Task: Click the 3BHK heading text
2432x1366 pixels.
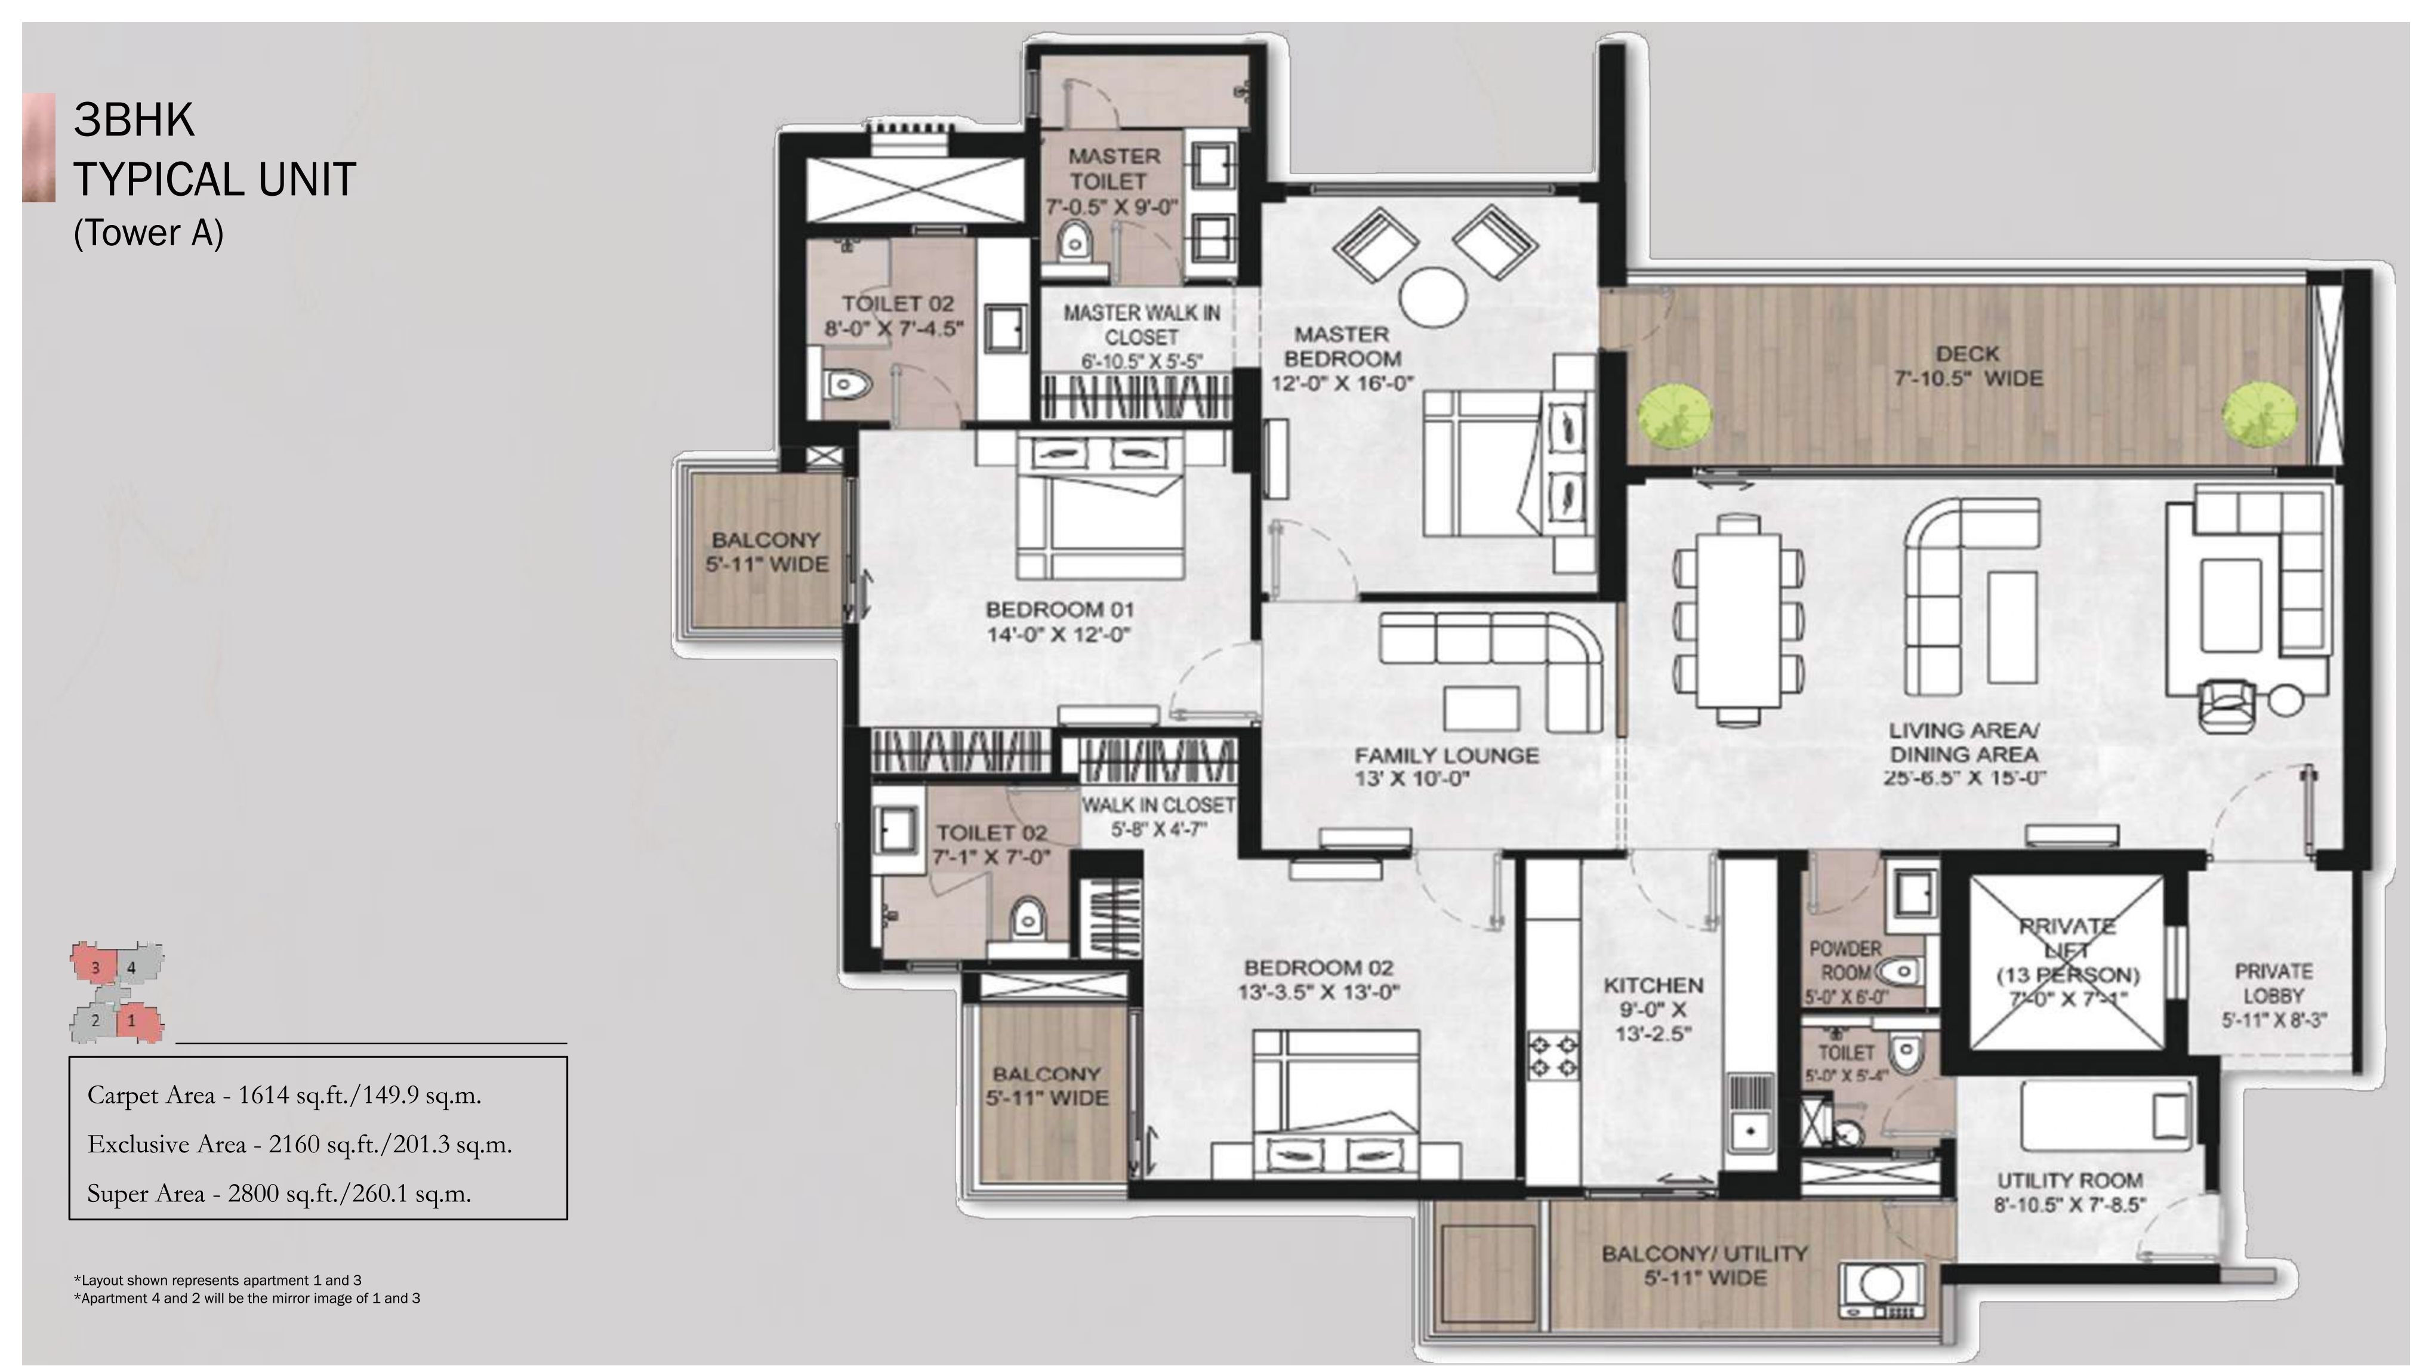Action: (x=134, y=120)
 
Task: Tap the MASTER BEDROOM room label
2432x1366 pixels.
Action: (x=1342, y=347)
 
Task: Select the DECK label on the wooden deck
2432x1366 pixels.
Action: (x=1968, y=354)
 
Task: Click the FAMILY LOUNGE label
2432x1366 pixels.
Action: (x=1446, y=756)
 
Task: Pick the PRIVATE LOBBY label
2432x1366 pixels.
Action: (x=2273, y=983)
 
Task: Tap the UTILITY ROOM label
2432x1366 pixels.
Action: (x=2070, y=1180)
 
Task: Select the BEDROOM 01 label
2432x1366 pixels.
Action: (x=1059, y=610)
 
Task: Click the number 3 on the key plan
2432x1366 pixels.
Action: (x=95, y=967)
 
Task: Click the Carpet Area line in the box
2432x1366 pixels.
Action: (x=284, y=1095)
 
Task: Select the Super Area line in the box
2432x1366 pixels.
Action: (x=279, y=1194)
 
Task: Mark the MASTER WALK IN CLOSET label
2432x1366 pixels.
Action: (x=1142, y=325)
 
